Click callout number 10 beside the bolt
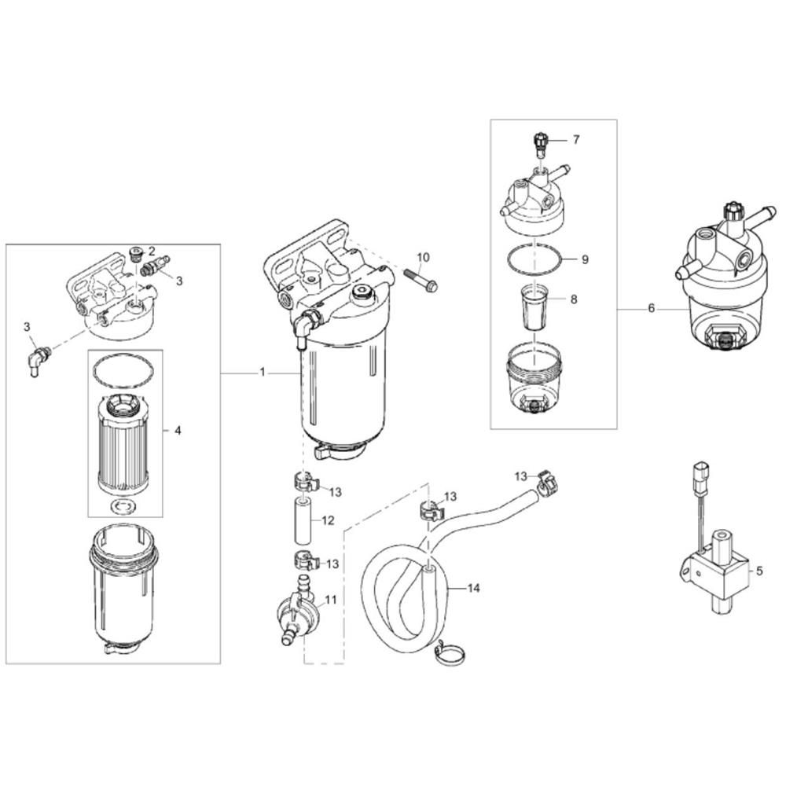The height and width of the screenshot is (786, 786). click(424, 257)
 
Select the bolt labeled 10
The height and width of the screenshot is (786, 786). click(421, 279)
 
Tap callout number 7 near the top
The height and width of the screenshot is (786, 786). click(575, 140)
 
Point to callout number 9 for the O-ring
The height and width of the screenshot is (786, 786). click(584, 259)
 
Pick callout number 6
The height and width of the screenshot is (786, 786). click(651, 309)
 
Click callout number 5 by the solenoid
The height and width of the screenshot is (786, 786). click(758, 571)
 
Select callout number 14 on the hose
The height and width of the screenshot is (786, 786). click(472, 587)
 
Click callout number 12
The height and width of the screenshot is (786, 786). click(328, 520)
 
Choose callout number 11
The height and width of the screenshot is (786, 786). click(331, 599)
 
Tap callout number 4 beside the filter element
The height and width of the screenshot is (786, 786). click(178, 431)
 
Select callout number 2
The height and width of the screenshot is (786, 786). click(151, 250)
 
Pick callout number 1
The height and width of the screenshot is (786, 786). click(263, 373)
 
